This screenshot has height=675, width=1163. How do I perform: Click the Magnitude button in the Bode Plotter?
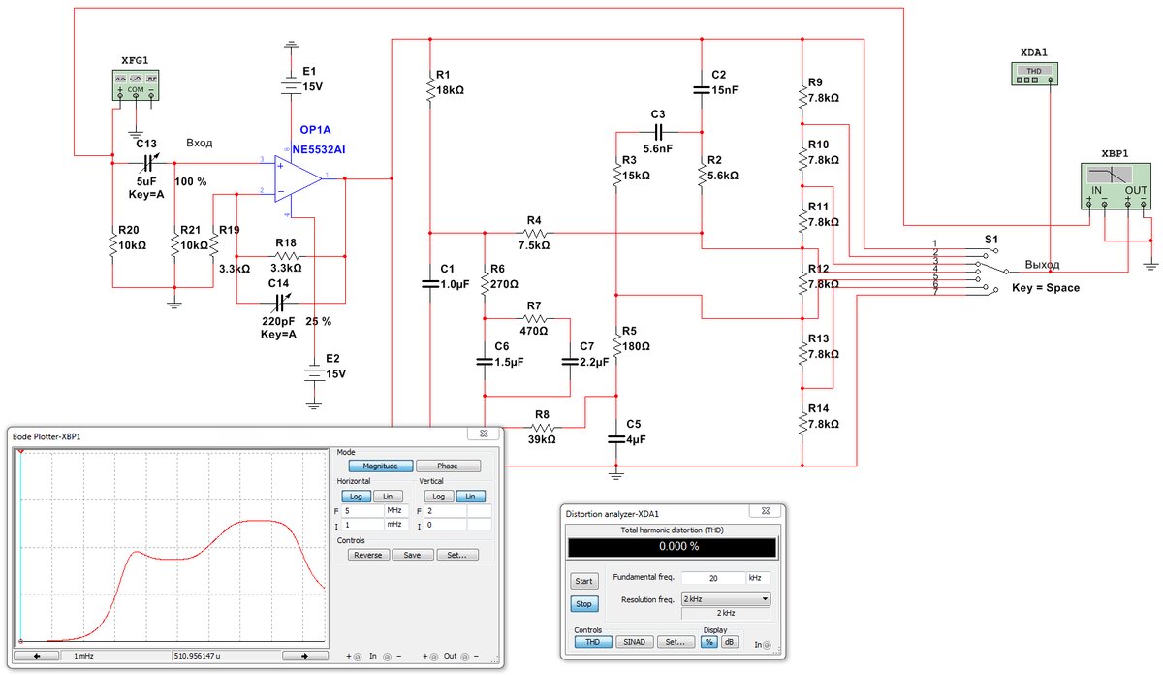(381, 466)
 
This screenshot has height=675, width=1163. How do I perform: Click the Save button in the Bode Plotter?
(412, 556)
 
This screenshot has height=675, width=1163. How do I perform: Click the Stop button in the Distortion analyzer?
(584, 603)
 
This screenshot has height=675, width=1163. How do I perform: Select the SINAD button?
(634, 642)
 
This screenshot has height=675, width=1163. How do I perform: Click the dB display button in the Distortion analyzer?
(729, 642)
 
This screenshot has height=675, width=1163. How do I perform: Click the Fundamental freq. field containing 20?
(712, 578)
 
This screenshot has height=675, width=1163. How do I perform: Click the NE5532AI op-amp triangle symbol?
(300, 180)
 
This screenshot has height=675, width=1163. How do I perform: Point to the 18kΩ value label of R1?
(452, 89)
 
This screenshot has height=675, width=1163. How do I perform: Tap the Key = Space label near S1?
(1045, 288)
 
